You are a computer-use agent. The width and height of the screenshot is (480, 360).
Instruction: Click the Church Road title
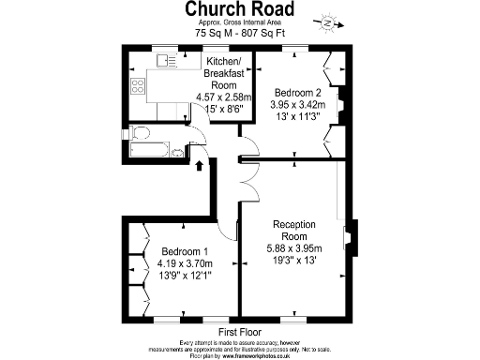tap(240, 9)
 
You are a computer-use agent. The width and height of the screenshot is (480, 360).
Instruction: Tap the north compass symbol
tap(327, 21)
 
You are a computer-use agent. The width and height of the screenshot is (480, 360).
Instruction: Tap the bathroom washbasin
tap(178, 151)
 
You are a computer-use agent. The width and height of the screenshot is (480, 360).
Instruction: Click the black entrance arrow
tap(199, 166)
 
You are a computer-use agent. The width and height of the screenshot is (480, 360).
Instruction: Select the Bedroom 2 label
tap(298, 92)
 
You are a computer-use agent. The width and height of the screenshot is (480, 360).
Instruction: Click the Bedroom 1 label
tap(184, 251)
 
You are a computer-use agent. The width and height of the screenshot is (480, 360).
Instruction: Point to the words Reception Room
tap(294, 231)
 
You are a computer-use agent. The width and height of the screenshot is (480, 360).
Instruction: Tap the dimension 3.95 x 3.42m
tap(299, 105)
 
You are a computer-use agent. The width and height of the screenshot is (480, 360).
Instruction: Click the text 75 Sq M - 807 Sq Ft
tap(240, 33)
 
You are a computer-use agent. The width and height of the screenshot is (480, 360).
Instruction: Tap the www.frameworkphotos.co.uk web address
tap(264, 355)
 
